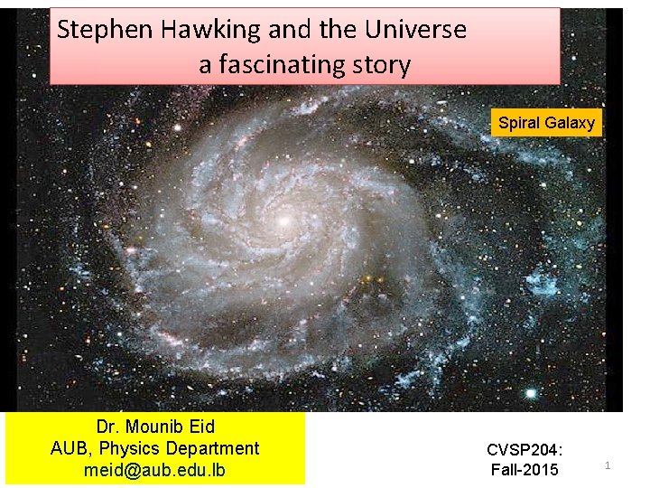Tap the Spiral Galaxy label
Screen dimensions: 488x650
point(546,123)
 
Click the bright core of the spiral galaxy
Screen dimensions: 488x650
point(283,220)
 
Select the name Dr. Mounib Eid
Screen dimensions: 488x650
point(155,427)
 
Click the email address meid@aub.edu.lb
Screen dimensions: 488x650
point(154,470)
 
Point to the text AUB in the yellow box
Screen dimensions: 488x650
point(69,448)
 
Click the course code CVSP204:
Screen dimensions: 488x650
point(525,449)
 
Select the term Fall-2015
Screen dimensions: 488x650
point(525,469)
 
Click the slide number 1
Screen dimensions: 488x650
point(608,465)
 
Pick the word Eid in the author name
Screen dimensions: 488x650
point(200,427)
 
